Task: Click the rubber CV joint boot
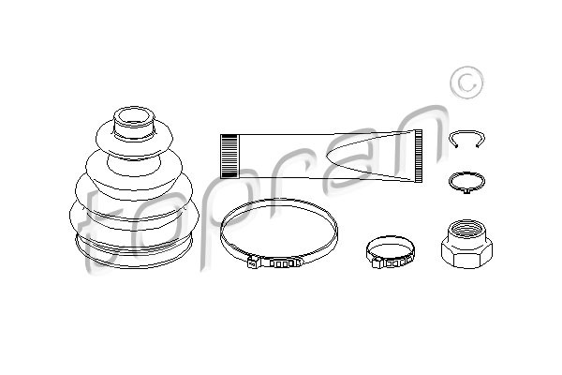point(133,187)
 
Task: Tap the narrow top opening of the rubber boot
point(133,116)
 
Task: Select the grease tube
point(321,157)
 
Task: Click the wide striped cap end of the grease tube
point(229,157)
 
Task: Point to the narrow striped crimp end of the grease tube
point(419,157)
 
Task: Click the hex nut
point(466,244)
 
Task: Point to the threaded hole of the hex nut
point(466,229)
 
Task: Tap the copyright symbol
point(466,82)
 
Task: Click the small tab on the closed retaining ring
point(466,191)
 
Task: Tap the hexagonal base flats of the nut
point(466,256)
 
